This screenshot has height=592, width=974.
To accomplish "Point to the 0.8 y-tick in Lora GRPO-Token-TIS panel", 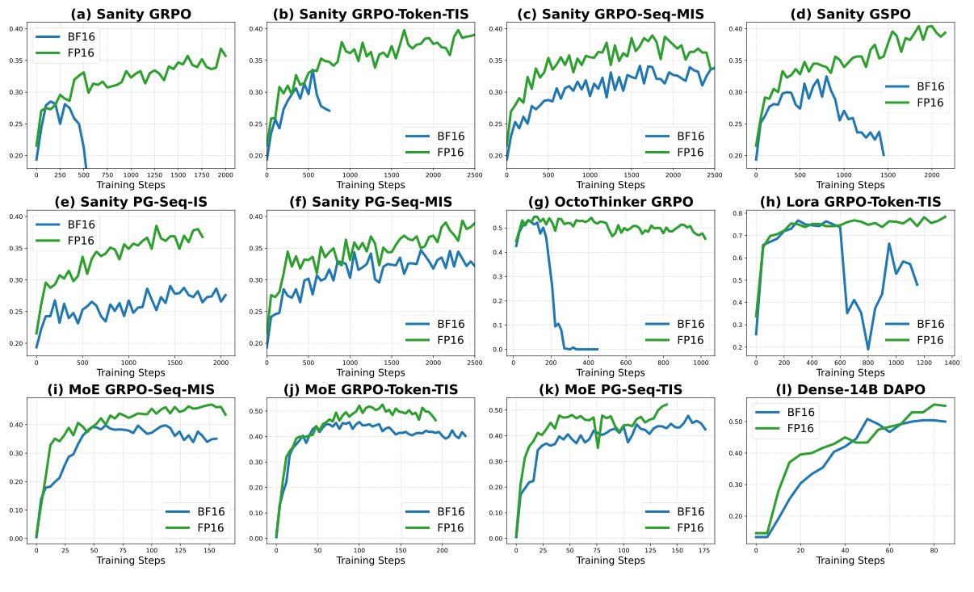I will tap(737, 213).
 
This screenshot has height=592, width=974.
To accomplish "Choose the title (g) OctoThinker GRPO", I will tap(609, 200).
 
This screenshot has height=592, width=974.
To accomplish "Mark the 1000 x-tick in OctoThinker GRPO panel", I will tap(701, 363).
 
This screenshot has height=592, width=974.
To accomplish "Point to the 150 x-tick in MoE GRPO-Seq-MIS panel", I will tap(209, 551).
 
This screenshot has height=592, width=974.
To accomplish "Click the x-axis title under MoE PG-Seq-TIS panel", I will tap(611, 561).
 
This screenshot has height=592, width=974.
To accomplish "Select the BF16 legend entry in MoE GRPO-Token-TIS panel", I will tap(444, 511).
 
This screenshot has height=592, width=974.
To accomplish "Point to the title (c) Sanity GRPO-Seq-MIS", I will tap(609, 12).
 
